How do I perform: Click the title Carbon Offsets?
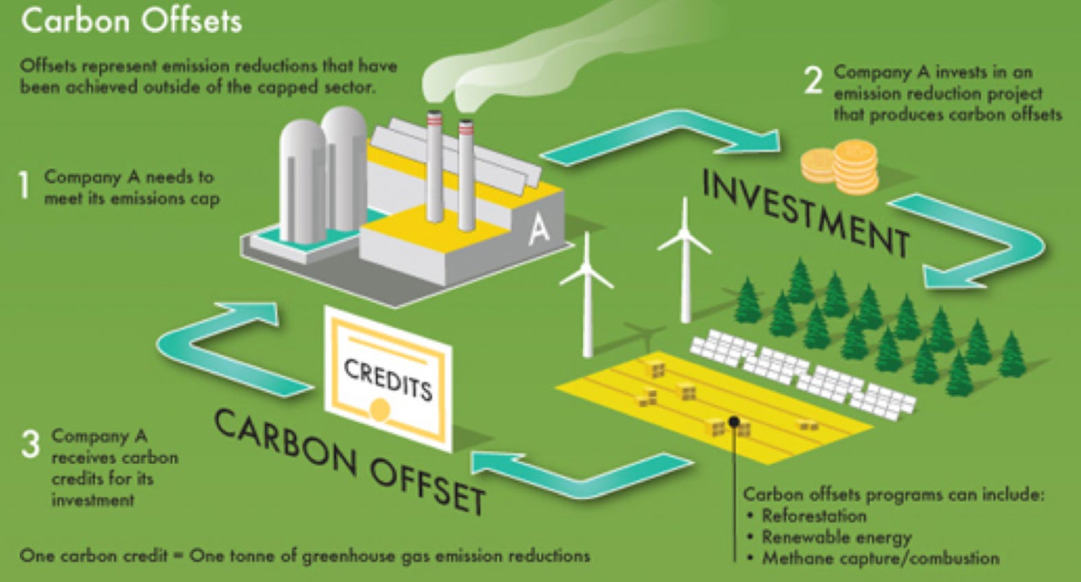pyautogui.click(x=131, y=21)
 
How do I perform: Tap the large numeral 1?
pyautogui.click(x=25, y=185)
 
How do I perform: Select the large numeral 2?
pyautogui.click(x=813, y=80)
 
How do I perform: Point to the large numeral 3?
pyautogui.click(x=30, y=443)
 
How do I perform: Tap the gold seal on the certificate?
pyautogui.click(x=379, y=410)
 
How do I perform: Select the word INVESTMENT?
pyautogui.click(x=806, y=213)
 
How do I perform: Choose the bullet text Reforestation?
pyautogui.click(x=814, y=515)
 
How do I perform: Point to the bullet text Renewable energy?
pyautogui.click(x=837, y=537)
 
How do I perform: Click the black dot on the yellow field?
pyautogui.click(x=734, y=421)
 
